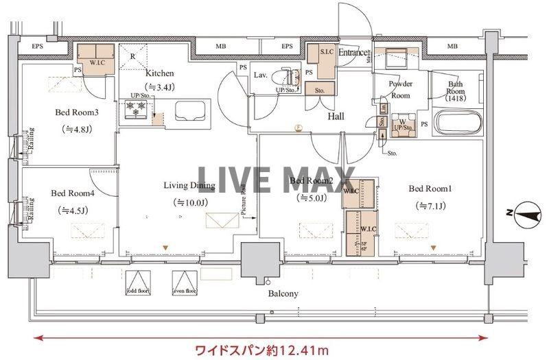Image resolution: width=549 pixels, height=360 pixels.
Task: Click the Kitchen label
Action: pyautogui.click(x=159, y=73)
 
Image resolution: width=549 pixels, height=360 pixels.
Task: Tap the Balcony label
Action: pyautogui.click(x=283, y=293)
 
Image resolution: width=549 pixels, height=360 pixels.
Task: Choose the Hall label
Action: pyautogui.click(x=336, y=117)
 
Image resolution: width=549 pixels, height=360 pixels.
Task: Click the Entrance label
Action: pyautogui.click(x=353, y=52)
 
